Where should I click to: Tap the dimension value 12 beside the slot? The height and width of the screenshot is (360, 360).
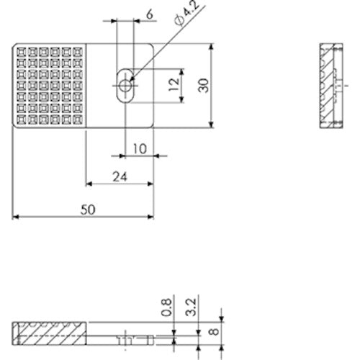(173, 85)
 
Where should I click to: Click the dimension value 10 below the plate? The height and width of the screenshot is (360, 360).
(140, 148)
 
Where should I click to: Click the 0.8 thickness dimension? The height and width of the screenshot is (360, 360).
(168, 308)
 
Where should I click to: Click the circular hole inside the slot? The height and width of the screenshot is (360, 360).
(126, 85)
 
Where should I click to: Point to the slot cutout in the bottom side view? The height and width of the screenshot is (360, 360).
(126, 336)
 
